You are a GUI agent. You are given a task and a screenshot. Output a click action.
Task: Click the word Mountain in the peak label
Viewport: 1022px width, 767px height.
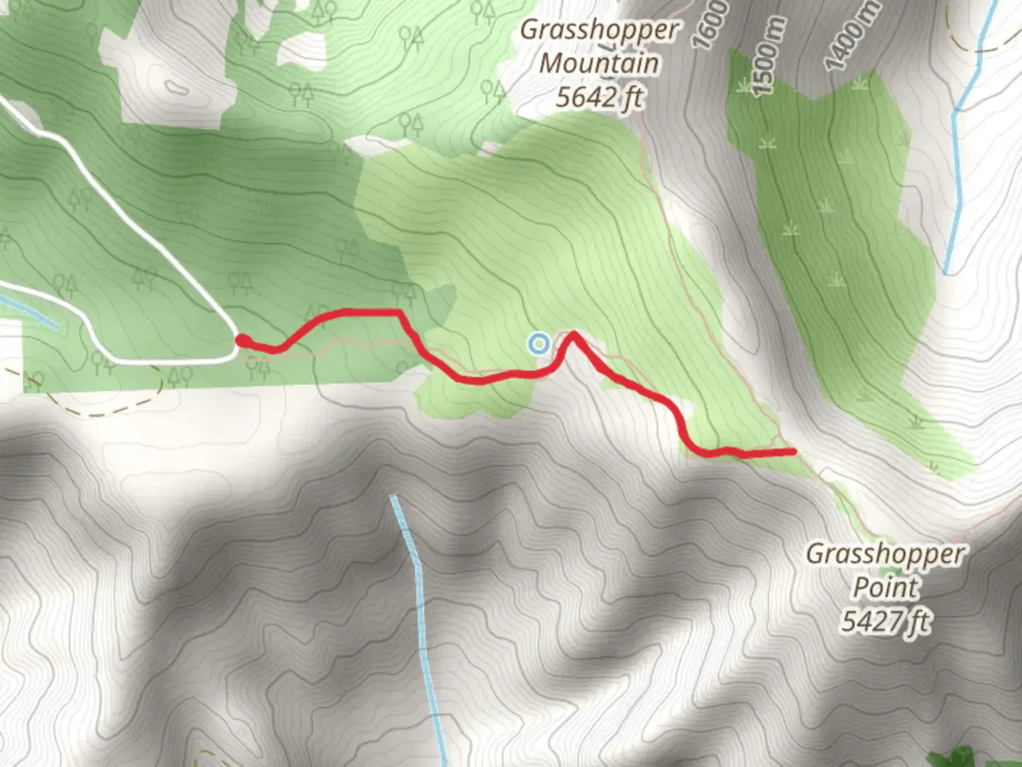click(x=599, y=63)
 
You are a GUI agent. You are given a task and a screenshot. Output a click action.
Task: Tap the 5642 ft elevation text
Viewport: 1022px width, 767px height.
click(x=599, y=97)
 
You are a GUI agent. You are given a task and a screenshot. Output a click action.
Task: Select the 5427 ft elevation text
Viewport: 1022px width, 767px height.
click(x=885, y=621)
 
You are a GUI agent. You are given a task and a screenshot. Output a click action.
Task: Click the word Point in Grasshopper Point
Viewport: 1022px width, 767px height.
click(x=885, y=587)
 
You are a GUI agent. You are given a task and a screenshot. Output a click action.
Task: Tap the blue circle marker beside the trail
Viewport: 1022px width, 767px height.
click(x=539, y=344)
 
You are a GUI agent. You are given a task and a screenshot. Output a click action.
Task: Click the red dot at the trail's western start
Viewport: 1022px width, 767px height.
click(x=241, y=342)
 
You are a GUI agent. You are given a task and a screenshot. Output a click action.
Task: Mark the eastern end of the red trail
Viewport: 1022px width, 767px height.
click(x=791, y=451)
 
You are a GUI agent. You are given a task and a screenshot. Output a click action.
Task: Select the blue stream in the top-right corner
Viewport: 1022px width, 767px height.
click(x=958, y=156)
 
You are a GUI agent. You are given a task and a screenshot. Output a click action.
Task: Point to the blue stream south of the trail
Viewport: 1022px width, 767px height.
click(x=419, y=604)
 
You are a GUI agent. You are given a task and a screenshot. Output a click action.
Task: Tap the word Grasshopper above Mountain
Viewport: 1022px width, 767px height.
click(x=599, y=30)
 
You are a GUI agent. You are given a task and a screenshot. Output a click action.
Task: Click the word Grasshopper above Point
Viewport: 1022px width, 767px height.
click(x=885, y=553)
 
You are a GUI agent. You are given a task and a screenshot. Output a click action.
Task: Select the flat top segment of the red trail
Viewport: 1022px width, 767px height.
click(x=366, y=311)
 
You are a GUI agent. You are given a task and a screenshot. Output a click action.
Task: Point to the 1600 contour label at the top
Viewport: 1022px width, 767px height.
click(x=713, y=25)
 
